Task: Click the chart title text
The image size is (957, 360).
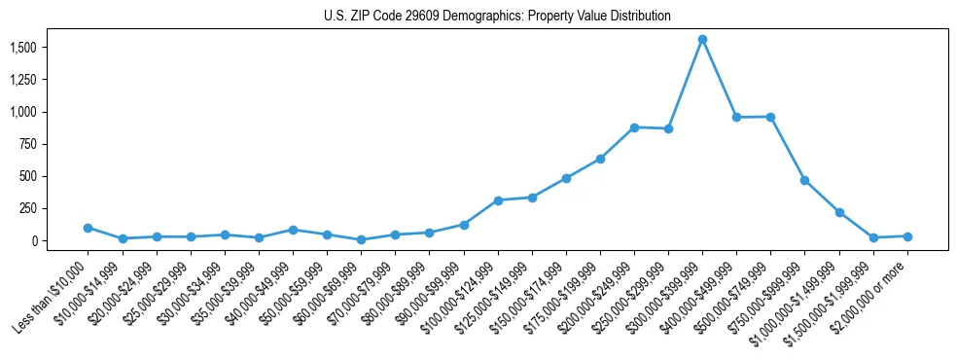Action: pos(497,17)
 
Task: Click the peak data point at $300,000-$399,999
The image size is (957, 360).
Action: pos(702,40)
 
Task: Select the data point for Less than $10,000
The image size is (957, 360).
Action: pos(88,228)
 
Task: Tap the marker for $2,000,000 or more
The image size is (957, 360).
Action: pos(907,236)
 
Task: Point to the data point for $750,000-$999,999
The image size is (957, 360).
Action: pos(804,180)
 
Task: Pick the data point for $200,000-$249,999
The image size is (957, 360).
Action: pos(634,127)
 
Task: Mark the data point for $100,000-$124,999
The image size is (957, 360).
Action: pos(498,200)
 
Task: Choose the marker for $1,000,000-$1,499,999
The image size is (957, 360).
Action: pos(839,212)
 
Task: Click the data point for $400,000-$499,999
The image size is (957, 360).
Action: pos(736,118)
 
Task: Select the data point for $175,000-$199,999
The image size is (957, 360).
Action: pos(600,159)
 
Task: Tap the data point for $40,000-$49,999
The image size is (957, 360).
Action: pos(293,230)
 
